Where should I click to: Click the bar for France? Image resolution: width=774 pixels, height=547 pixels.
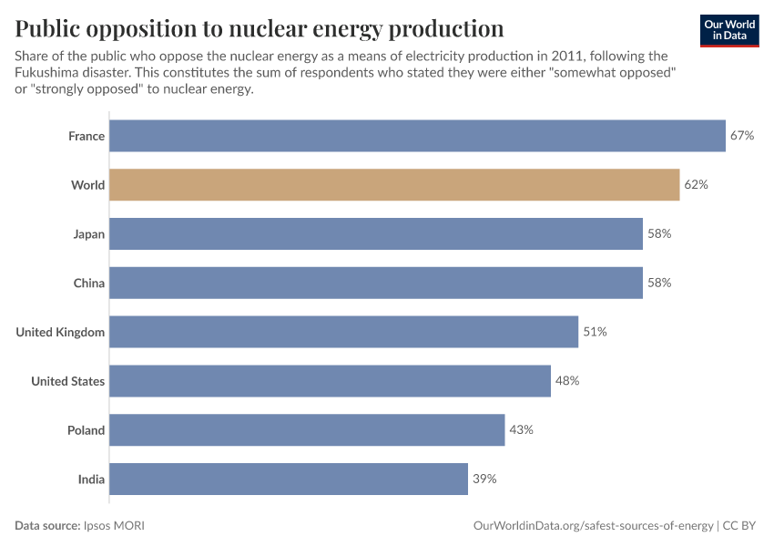pos(417,136)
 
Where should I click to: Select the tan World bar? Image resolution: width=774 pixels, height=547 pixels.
pos(394,185)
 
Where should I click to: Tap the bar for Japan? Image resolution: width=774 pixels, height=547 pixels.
pos(376,234)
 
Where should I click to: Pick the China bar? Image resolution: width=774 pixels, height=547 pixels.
pos(376,283)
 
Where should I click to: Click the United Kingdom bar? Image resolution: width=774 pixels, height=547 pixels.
pos(343,332)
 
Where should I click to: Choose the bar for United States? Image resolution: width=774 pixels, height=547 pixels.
pos(330,381)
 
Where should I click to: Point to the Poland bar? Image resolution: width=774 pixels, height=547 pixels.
pos(307,429)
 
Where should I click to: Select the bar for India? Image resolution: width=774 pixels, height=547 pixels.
pos(289,479)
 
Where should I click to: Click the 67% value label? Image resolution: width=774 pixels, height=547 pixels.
pos(742,136)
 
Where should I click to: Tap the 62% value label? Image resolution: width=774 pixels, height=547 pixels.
pos(696,185)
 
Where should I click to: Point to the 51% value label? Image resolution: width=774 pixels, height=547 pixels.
pos(595,332)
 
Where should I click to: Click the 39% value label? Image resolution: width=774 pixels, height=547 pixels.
pos(484,479)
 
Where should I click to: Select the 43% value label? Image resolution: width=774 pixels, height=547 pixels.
pos(521,429)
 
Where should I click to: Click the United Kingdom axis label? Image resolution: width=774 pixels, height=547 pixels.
pos(60,332)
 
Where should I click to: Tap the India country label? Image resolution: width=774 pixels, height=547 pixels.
pos(91,479)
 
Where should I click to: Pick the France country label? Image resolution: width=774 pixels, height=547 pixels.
pos(87,136)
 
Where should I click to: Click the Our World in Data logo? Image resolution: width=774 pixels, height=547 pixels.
pos(728,30)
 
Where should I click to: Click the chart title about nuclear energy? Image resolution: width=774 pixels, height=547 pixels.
pos(260,27)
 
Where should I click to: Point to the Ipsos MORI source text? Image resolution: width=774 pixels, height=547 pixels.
pos(114,526)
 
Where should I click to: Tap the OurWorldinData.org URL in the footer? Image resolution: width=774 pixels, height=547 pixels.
pos(594,526)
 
